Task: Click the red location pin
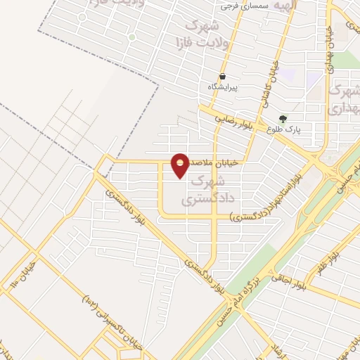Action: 181,165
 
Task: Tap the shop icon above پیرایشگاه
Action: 223,76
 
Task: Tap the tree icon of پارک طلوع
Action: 283,118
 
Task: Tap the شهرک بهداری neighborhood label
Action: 344,99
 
